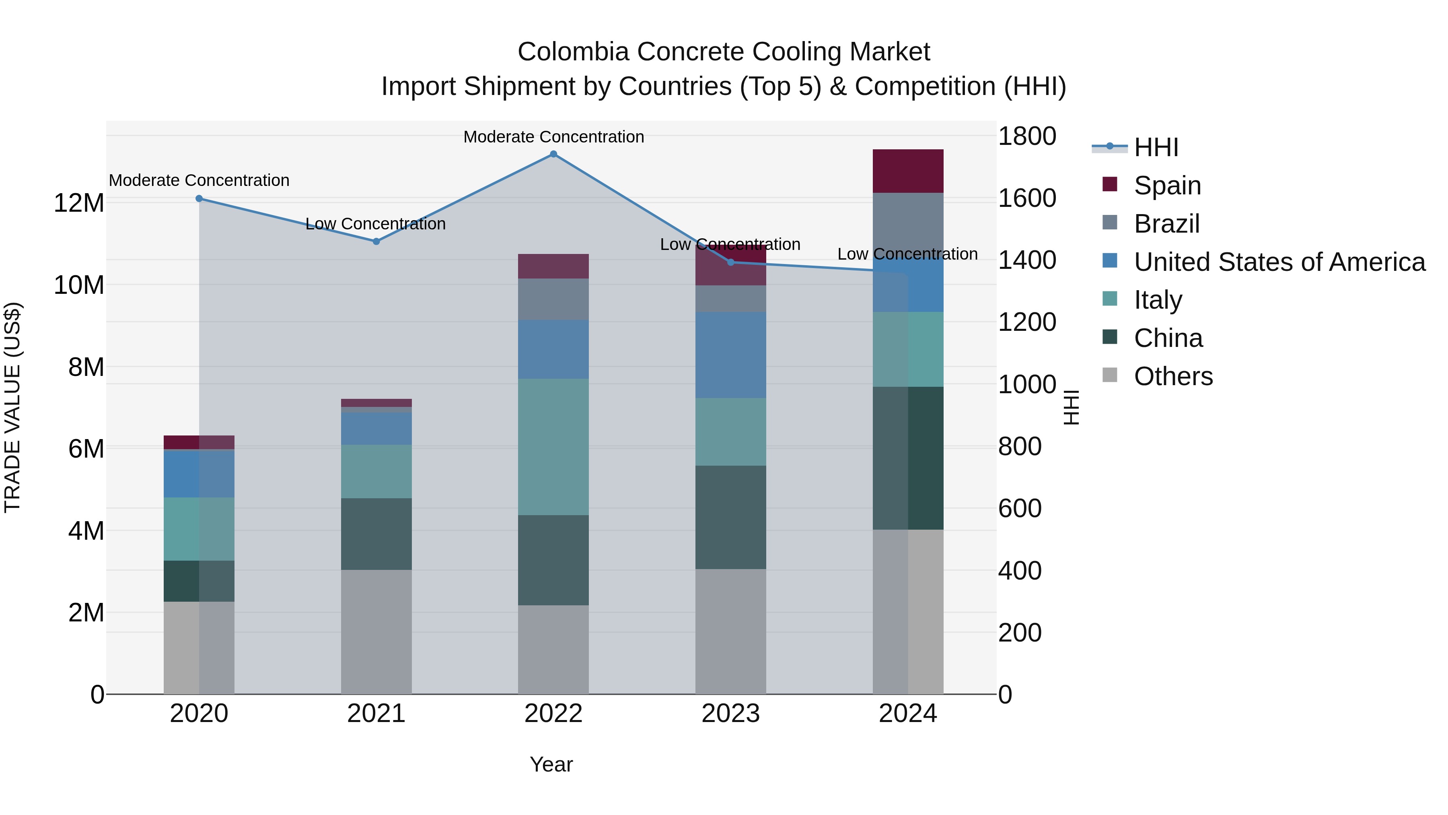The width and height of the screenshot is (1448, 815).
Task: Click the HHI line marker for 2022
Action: tap(553, 154)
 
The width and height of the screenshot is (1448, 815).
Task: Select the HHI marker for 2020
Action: tap(199, 198)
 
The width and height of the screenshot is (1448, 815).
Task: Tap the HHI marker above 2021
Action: tap(376, 241)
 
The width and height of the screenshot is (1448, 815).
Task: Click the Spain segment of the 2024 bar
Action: tap(908, 171)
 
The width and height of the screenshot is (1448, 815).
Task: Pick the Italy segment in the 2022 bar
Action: tap(553, 447)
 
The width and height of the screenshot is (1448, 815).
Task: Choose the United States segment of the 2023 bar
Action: tap(730, 355)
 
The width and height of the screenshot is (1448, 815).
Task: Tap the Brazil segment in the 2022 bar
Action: tap(553, 299)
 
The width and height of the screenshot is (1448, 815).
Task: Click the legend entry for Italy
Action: tap(1158, 300)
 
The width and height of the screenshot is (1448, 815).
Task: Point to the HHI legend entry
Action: tap(1156, 147)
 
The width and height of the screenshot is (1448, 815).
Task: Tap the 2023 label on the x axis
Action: tap(730, 714)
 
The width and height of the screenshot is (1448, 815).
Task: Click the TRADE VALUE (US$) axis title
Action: tap(12, 407)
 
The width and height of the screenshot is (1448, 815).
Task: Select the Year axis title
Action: tap(551, 764)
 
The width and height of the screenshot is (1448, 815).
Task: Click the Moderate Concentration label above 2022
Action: tap(553, 137)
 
